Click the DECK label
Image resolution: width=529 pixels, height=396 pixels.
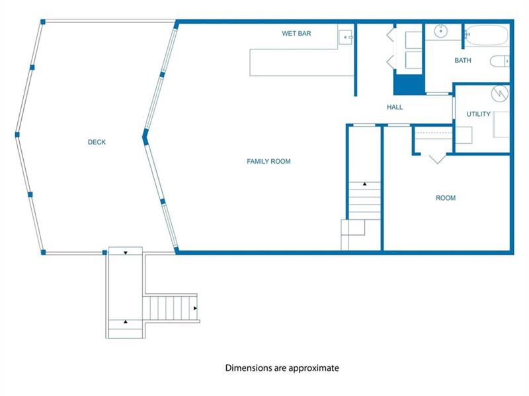pyautogui.click(x=97, y=142)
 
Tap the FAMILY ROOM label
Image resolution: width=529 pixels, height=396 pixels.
pyautogui.click(x=268, y=161)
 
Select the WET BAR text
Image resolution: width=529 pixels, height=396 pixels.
pyautogui.click(x=296, y=34)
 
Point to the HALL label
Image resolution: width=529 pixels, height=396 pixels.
pyautogui.click(x=395, y=107)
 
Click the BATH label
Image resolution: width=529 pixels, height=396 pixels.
pyautogui.click(x=463, y=60)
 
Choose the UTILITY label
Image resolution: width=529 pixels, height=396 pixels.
pyautogui.click(x=478, y=114)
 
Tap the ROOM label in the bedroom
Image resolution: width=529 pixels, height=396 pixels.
pyautogui.click(x=446, y=198)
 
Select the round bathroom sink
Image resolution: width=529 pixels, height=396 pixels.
pyautogui.click(x=440, y=31)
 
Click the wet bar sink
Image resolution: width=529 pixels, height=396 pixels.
pyautogui.click(x=346, y=37)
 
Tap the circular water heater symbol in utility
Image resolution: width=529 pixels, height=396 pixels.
pyautogui.click(x=500, y=94)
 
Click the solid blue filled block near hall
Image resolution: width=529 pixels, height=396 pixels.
pyautogui.click(x=409, y=84)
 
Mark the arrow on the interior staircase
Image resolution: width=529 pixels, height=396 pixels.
pyautogui.click(x=365, y=184)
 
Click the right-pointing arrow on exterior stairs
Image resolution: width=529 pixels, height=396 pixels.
pyautogui.click(x=195, y=308)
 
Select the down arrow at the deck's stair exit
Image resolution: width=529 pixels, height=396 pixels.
pyautogui.click(x=126, y=253)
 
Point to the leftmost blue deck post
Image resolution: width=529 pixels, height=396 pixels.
pyautogui.click(x=17, y=135)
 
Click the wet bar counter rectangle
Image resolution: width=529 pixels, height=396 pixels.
pyautogui.click(x=302, y=63)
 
